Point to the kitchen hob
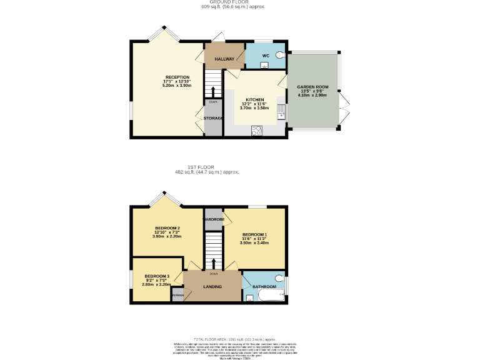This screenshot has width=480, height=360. click(x=256, y=130)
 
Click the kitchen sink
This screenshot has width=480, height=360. click(x=281, y=113)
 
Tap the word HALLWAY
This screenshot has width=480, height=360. click(x=224, y=59)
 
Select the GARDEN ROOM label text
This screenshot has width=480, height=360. click(x=312, y=87)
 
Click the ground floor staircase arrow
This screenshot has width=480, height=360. click(x=214, y=92)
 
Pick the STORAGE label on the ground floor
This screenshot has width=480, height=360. click(x=213, y=118)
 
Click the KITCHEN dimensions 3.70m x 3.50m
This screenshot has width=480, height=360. click(x=254, y=108)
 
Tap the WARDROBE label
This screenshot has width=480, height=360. click(x=214, y=219)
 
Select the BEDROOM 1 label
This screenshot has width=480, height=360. click(x=254, y=234)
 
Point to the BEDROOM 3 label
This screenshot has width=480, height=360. click(x=157, y=276)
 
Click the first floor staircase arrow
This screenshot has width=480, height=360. click(x=214, y=263)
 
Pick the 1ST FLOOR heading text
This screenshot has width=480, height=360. click(x=201, y=167)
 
